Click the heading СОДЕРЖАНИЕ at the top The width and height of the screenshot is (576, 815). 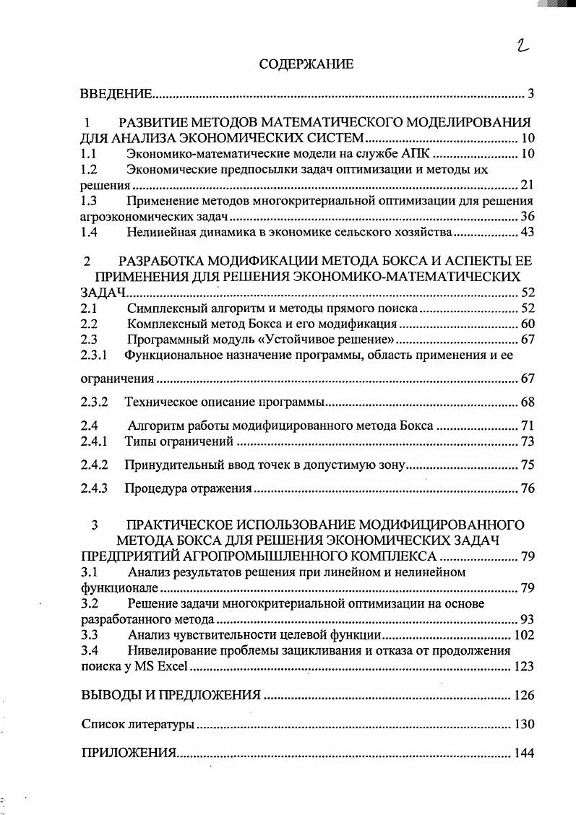tap(306, 65)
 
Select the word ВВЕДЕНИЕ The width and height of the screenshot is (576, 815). tap(116, 95)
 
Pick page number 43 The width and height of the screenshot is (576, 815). tap(527, 232)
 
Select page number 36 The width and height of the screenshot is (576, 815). tap(527, 217)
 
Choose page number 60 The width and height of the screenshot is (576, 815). tap(527, 324)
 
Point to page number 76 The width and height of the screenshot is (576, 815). tap(527, 489)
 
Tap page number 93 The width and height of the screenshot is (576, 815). tap(527, 619)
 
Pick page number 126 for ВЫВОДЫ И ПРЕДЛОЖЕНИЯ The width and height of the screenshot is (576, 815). tap(523, 695)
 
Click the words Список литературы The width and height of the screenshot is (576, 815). tap(137, 724)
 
